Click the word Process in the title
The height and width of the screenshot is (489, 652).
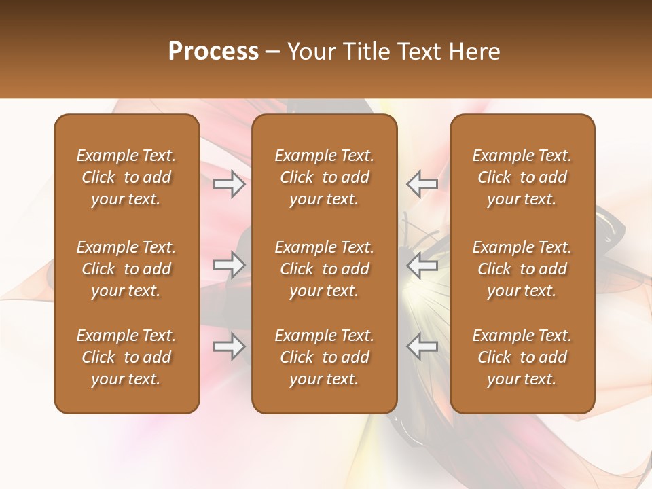(x=213, y=52)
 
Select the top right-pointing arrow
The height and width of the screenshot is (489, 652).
(x=230, y=184)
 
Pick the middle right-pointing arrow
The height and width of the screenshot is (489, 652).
(x=230, y=265)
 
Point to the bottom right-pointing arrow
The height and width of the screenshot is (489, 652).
(x=230, y=346)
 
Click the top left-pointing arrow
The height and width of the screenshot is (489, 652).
(x=422, y=184)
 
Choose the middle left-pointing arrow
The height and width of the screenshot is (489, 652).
(x=422, y=265)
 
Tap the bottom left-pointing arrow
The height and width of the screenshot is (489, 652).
(x=422, y=346)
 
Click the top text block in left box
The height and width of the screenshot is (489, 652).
(x=126, y=177)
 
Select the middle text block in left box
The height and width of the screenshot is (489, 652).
(x=126, y=269)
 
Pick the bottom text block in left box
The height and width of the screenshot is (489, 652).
(x=126, y=357)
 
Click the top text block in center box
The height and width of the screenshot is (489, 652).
(x=325, y=177)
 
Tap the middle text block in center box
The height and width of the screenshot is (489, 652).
(x=325, y=269)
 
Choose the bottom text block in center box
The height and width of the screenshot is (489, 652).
(x=325, y=357)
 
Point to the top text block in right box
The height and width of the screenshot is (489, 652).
(x=522, y=177)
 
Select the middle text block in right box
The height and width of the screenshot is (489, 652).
(x=522, y=269)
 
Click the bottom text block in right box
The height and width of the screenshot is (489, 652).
(x=522, y=357)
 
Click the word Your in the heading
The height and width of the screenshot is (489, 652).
(x=310, y=52)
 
